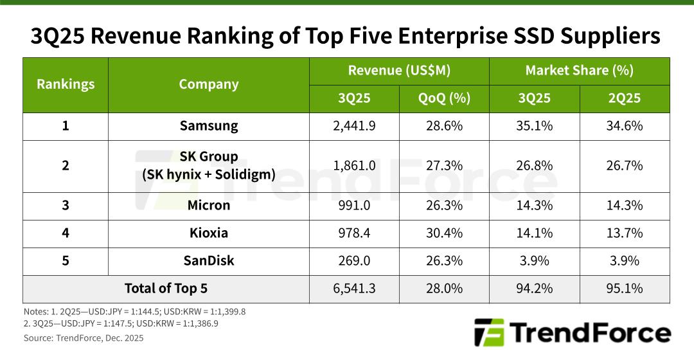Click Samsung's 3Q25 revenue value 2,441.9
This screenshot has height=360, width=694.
click(354, 126)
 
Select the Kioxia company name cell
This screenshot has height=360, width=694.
click(208, 233)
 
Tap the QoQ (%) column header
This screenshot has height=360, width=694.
click(444, 98)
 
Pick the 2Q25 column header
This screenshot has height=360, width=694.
click(624, 98)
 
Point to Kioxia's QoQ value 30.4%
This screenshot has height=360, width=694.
click(444, 233)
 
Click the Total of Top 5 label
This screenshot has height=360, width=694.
click(166, 289)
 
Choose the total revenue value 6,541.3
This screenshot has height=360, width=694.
click(354, 289)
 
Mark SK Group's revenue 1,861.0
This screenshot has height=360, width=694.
click(354, 165)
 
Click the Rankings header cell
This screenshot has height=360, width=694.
click(66, 84)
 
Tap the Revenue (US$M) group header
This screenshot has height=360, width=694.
click(399, 71)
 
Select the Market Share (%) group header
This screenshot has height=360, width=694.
click(579, 71)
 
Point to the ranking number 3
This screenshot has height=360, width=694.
click(66, 206)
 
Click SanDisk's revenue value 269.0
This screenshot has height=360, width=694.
click(354, 260)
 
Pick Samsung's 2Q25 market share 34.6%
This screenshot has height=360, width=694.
click(624, 126)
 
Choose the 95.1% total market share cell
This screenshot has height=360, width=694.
click(624, 289)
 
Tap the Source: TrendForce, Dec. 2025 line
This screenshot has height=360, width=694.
click(84, 338)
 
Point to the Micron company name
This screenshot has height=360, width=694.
click(208, 206)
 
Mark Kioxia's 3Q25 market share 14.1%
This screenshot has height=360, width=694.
click(534, 233)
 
